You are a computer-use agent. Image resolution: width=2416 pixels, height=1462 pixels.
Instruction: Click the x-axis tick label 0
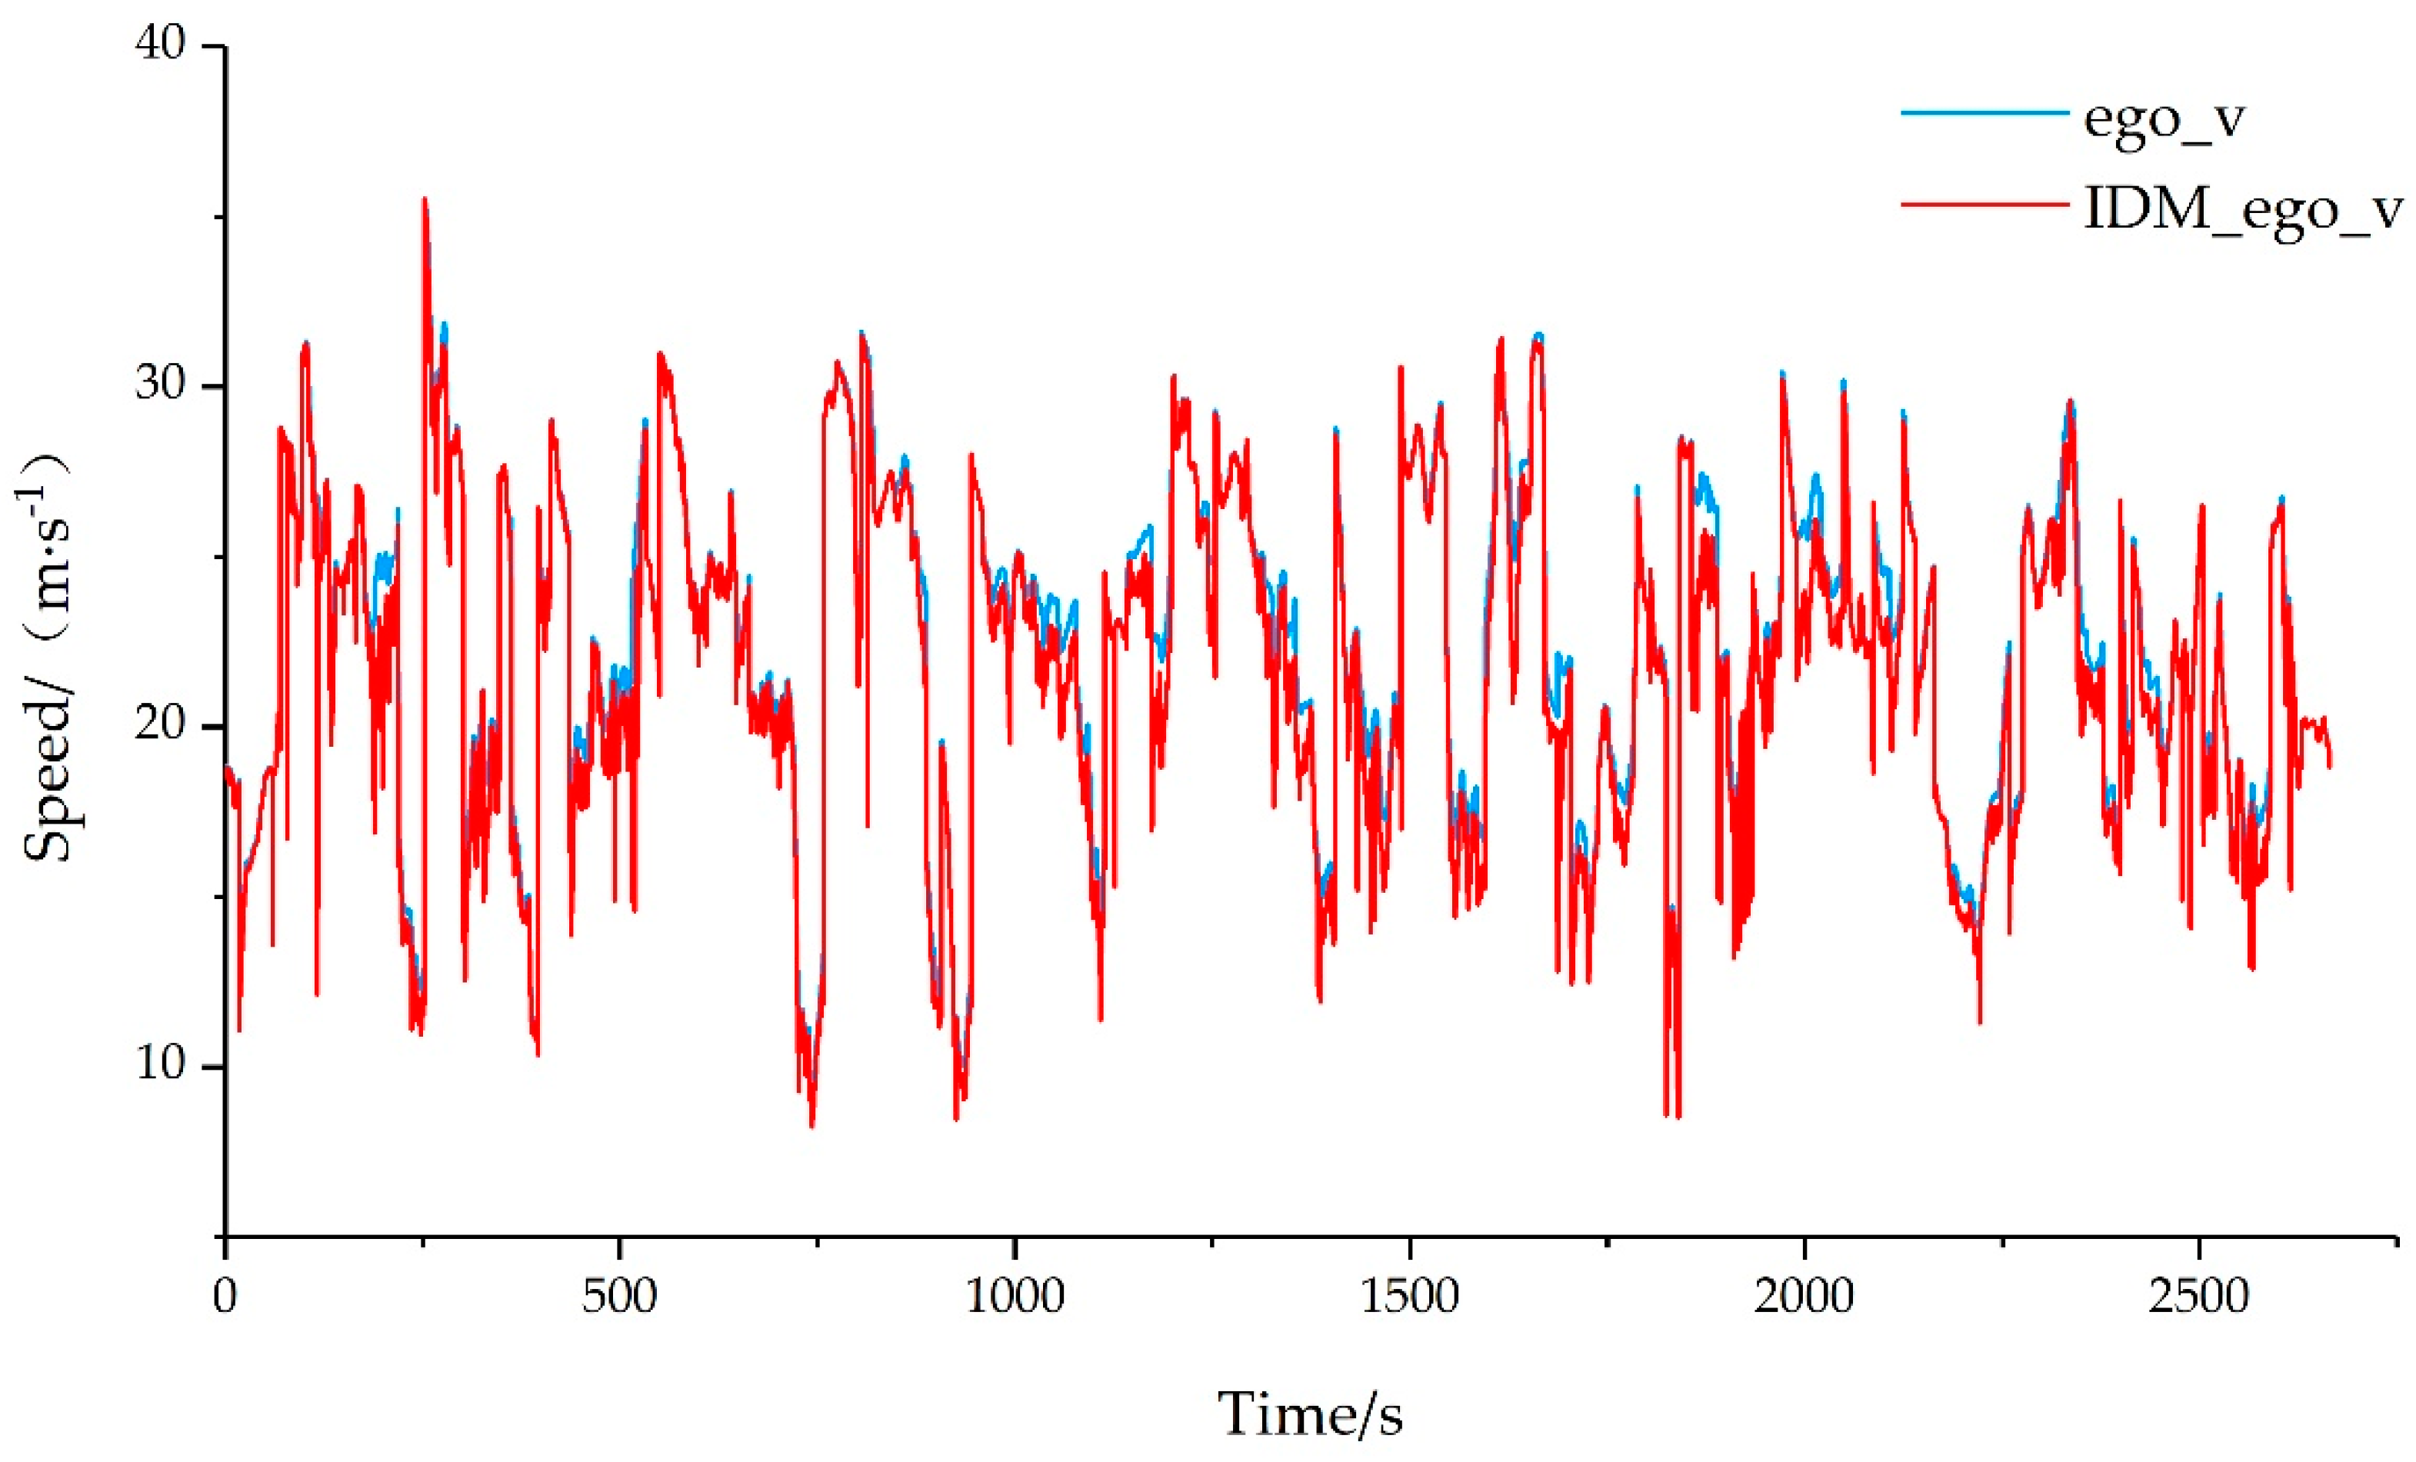225,1297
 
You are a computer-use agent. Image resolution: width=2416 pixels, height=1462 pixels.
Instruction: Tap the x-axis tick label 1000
1015,1297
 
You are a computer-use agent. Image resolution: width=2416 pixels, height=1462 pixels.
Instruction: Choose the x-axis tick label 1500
1409,1297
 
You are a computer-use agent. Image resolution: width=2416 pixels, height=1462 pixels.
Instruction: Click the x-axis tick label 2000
1805,1297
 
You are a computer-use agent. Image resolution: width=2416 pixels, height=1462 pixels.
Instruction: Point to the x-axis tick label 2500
2198,1297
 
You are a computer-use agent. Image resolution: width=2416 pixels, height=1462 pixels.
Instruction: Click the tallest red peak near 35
425,200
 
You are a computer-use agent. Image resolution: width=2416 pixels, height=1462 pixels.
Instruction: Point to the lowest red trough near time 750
811,1126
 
